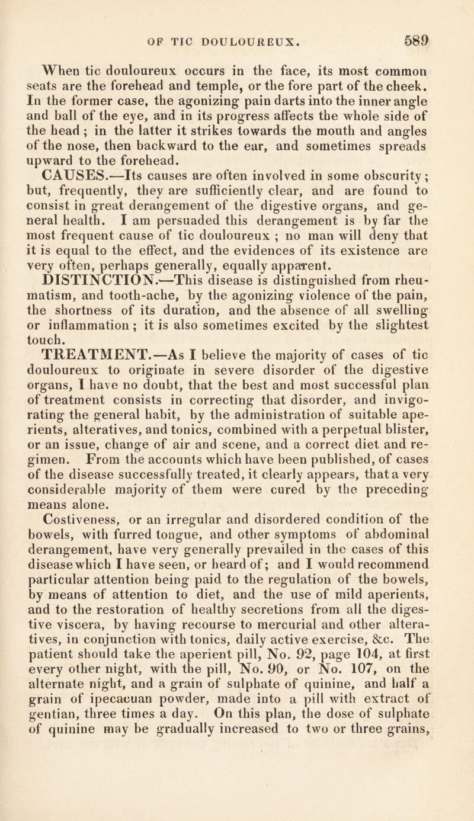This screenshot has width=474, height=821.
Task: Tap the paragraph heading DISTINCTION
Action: (97, 272)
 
